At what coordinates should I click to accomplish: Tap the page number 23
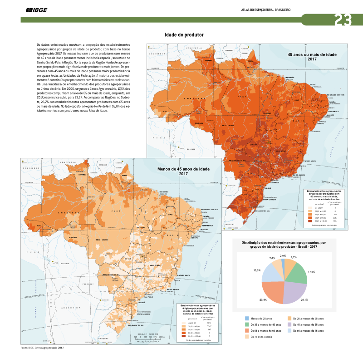[343, 20]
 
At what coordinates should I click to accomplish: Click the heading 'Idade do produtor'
[184, 35]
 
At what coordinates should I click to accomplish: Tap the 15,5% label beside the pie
[257, 270]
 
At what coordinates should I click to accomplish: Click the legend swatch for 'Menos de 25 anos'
[247, 319]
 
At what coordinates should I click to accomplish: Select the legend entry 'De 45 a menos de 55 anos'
[309, 324]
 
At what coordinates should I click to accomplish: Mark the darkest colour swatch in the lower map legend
[183, 336]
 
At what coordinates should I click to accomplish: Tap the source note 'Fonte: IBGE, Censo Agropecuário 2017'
[43, 348]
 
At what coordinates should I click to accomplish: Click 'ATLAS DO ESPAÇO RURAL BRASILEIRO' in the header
[266, 10]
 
